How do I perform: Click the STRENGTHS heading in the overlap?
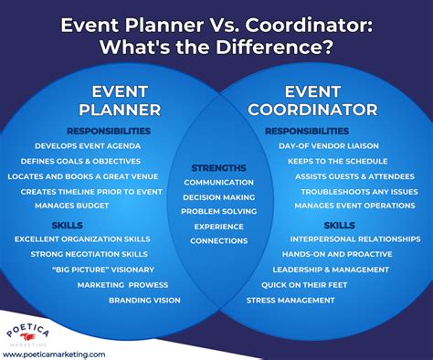coord(217,167)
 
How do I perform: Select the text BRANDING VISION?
coord(143,300)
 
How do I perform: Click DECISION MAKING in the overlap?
coord(218,196)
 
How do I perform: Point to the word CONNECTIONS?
coord(218,240)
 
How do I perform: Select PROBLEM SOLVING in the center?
coord(218,211)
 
